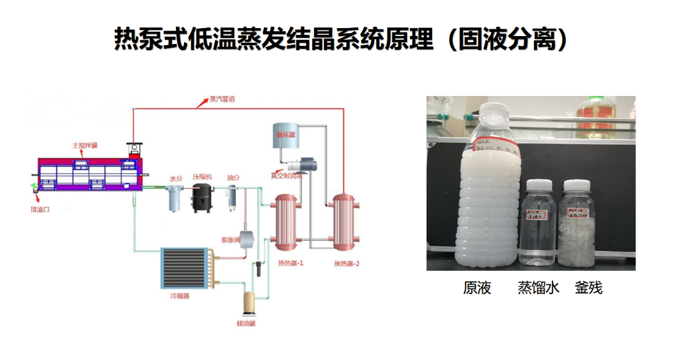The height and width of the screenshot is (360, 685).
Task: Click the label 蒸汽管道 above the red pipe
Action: [x=222, y=99]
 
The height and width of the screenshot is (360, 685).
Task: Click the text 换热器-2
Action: [x=347, y=263]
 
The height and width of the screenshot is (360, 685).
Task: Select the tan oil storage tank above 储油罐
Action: [x=249, y=302]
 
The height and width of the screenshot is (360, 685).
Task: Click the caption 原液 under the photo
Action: [x=477, y=288]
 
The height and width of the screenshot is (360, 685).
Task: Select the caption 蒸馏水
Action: [x=538, y=288]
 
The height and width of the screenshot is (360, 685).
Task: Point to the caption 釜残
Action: [x=588, y=288]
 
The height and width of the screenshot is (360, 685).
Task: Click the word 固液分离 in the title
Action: [x=507, y=40]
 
